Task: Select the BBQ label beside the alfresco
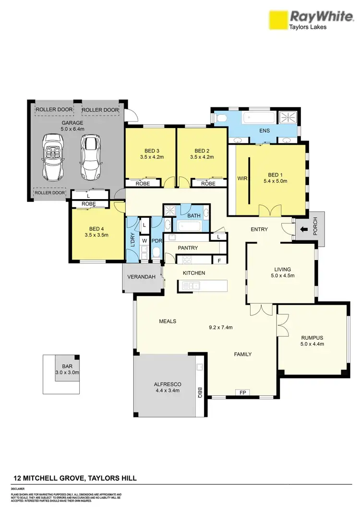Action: tap(201, 394)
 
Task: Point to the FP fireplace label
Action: tap(243, 392)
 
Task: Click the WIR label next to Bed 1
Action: tap(242, 178)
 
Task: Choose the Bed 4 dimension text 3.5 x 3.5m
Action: tap(96, 235)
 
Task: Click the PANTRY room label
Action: tap(188, 248)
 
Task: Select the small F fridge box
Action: tap(219, 260)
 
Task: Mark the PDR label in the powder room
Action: tap(156, 241)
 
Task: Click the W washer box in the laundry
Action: tap(144, 241)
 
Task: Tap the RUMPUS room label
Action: tap(312, 337)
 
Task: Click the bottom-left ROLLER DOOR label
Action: tap(49, 193)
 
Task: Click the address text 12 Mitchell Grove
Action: tap(74, 478)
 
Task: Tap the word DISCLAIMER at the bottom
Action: tap(19, 489)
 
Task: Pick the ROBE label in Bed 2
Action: tap(208, 183)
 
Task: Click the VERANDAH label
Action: tap(142, 277)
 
